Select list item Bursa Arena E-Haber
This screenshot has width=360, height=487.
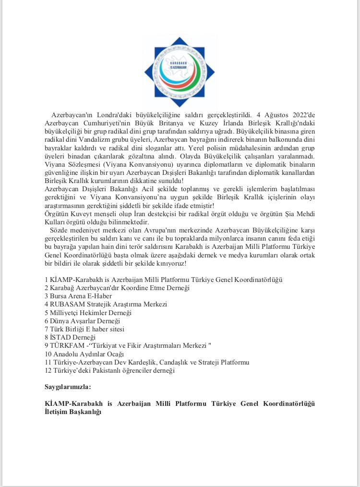click(78, 296)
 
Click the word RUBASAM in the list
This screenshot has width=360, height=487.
click(67, 304)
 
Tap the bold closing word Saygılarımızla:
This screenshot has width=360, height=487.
click(68, 386)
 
